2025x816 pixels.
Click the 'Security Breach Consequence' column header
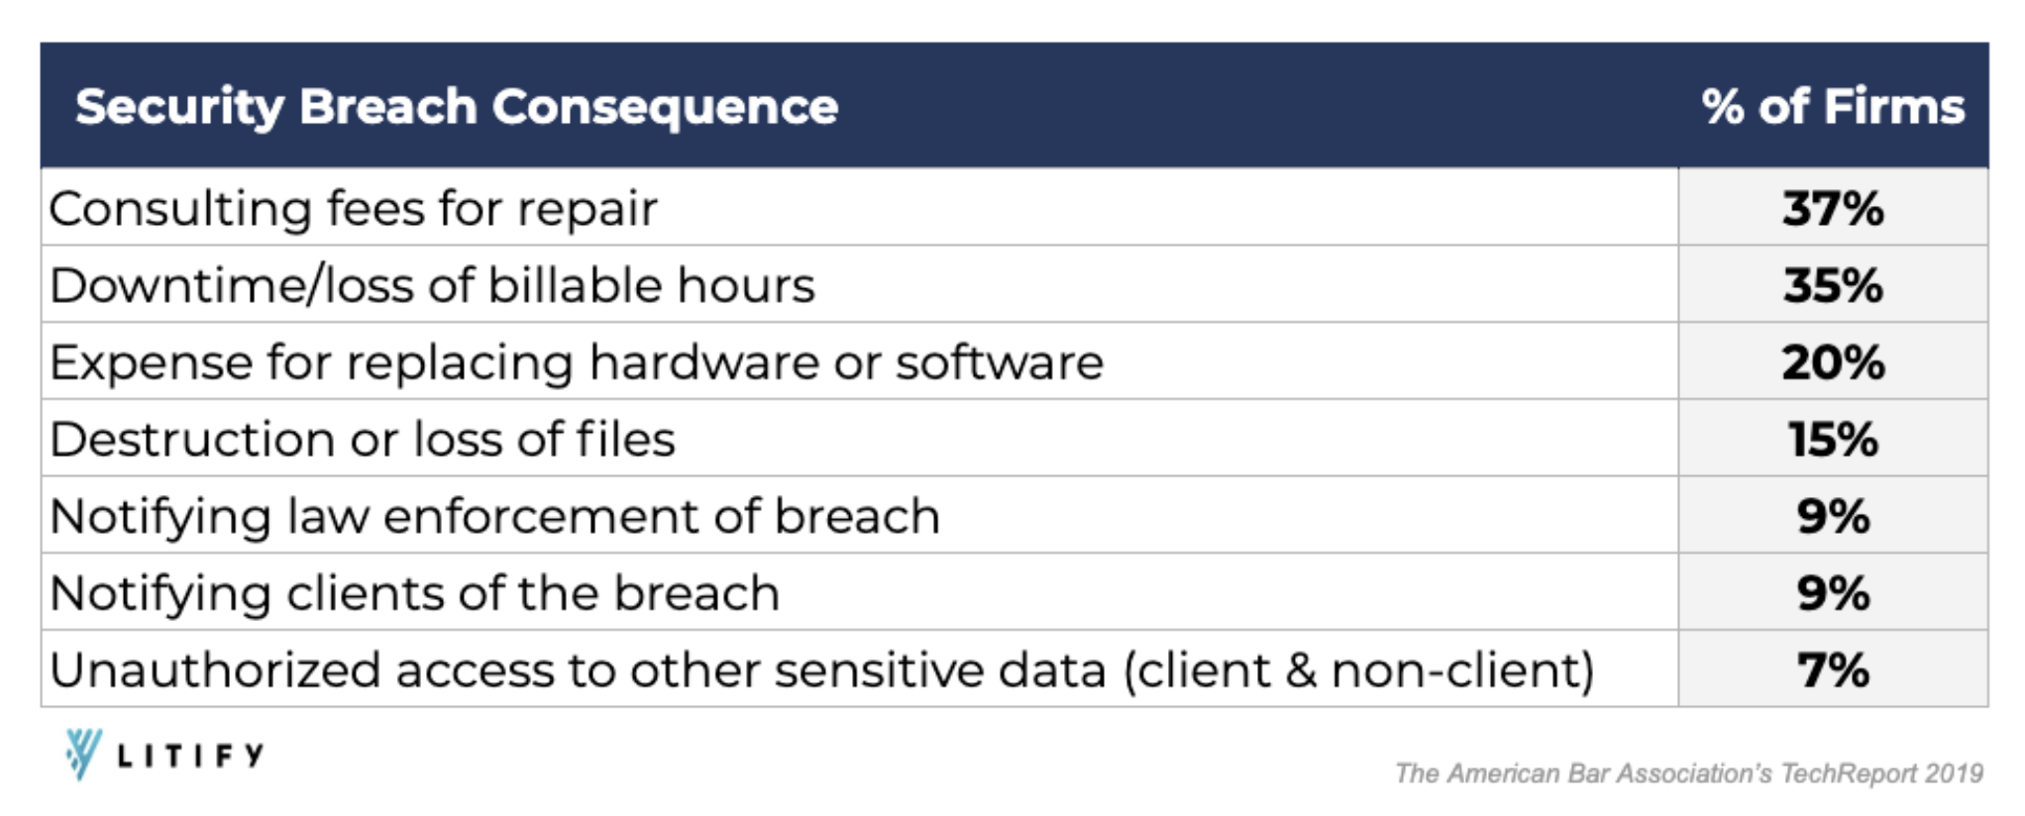coord(457,107)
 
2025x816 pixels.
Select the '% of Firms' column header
coord(1833,107)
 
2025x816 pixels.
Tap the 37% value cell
coord(1833,209)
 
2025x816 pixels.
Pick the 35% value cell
coord(1833,285)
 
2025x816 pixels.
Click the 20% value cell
coord(1833,362)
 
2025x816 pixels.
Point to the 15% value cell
coord(1833,440)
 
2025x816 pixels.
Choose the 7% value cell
coord(1833,670)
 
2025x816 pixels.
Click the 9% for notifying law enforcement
coord(1833,517)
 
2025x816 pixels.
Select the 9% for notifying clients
coord(1833,594)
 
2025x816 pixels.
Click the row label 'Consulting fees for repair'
coord(353,209)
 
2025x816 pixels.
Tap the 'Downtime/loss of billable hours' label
coord(432,285)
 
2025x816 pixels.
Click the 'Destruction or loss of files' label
coord(363,440)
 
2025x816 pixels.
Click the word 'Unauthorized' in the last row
coord(215,670)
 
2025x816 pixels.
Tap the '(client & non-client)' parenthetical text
coord(1358,670)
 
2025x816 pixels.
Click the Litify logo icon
coord(83,754)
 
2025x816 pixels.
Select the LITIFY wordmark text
coord(190,757)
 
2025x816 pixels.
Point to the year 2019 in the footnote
coord(1953,773)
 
